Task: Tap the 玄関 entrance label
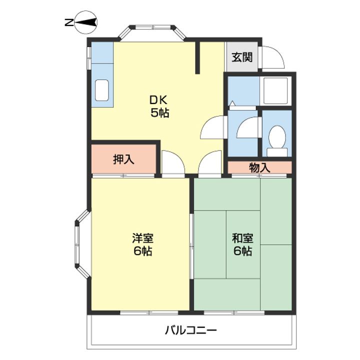[241, 56]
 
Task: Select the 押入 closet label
[123, 159]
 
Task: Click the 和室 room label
[242, 237]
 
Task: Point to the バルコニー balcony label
[190, 330]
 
